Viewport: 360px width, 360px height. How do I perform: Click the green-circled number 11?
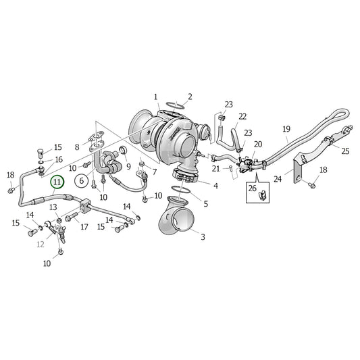[x=57, y=181]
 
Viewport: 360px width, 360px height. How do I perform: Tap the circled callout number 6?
[x=81, y=181]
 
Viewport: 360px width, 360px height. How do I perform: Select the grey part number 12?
[x=40, y=244]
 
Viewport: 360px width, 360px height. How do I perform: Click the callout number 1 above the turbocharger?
[x=155, y=97]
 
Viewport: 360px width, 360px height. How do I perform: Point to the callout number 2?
[x=190, y=97]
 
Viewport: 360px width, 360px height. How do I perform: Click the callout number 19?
[x=286, y=129]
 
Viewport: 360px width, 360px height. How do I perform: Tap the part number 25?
[x=345, y=151]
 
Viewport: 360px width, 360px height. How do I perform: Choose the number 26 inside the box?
[x=252, y=188]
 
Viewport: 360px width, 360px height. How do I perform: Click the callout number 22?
[x=242, y=116]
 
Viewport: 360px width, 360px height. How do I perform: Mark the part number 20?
[x=257, y=145]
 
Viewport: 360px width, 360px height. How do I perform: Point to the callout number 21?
[x=216, y=168]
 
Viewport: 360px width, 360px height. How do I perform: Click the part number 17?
[x=84, y=226]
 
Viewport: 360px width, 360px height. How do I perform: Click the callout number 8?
[x=77, y=147]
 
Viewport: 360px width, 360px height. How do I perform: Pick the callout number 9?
[x=128, y=166]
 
